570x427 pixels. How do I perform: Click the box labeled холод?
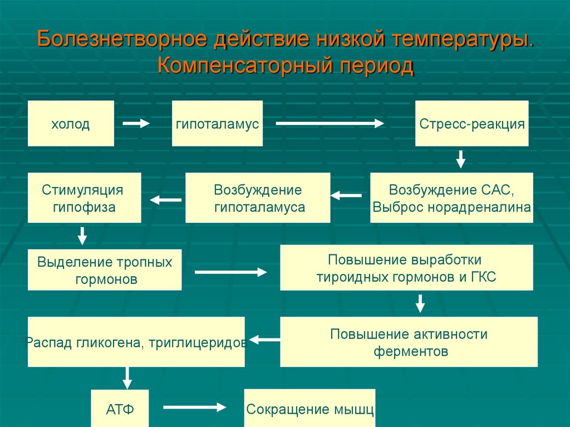tap(71, 124)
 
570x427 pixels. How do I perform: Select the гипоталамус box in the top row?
tap(217, 124)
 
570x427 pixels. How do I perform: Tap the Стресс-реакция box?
tap(471, 124)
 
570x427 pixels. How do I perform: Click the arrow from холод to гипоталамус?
tap(136, 124)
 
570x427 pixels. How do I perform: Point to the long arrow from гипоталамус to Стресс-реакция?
tap(330, 124)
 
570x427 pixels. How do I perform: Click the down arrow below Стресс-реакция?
tap(460, 159)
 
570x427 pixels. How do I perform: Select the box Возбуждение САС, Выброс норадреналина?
tap(451, 198)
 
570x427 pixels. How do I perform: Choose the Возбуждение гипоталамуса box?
tap(257, 198)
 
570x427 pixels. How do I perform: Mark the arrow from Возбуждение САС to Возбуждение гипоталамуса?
tap(346, 195)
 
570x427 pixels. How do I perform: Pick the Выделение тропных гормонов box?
tap(105, 270)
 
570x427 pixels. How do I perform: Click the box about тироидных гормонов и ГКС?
tap(406, 268)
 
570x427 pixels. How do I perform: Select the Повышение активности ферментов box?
tap(409, 342)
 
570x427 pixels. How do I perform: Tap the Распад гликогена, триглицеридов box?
tap(136, 342)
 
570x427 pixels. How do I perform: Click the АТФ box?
tap(120, 409)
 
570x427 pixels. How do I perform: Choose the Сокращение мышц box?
tap(309, 409)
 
